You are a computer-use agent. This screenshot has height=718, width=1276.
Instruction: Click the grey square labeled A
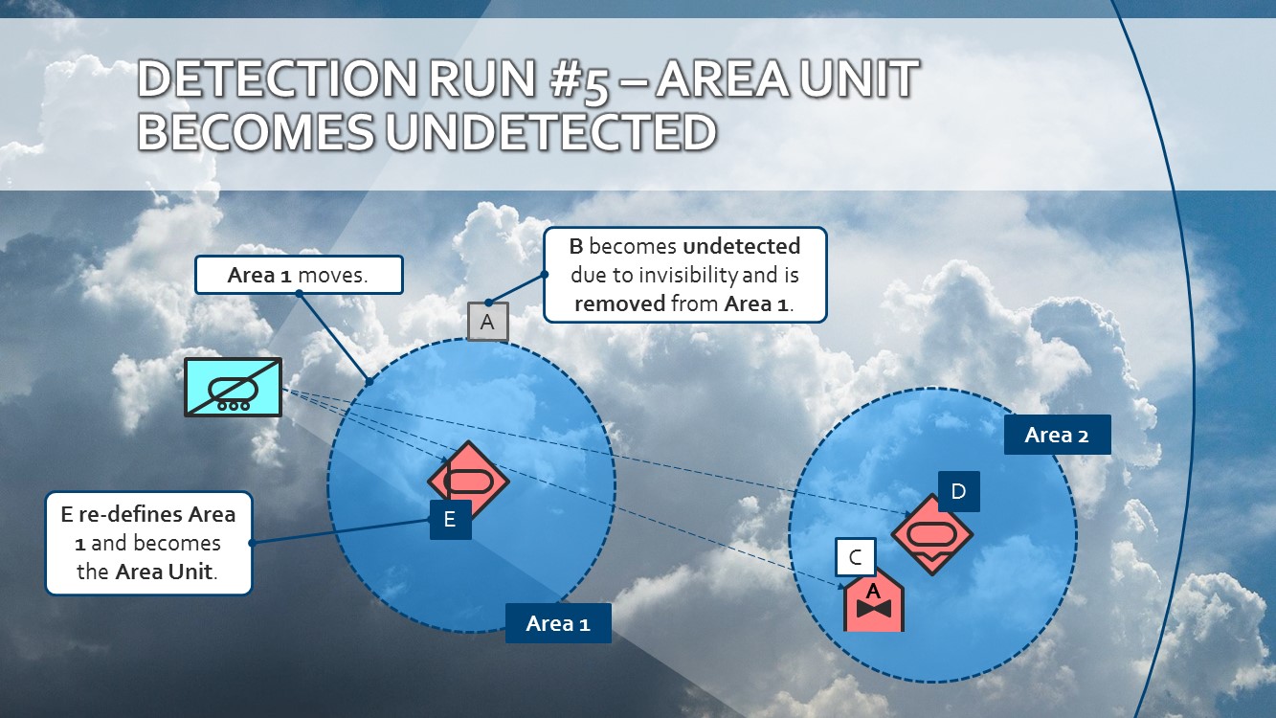[487, 323]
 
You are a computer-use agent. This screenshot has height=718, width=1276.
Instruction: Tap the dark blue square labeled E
[450, 520]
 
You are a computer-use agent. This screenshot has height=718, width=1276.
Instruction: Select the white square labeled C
[855, 557]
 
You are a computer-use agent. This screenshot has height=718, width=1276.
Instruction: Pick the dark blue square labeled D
[958, 492]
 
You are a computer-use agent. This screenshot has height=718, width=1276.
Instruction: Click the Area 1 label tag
[558, 624]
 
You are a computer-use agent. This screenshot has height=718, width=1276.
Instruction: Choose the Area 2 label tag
[1057, 435]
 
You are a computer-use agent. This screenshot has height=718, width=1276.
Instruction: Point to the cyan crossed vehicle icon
[234, 388]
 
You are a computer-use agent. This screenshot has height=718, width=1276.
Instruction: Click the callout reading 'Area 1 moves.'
[299, 276]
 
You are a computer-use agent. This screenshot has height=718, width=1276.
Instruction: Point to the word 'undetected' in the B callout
[742, 246]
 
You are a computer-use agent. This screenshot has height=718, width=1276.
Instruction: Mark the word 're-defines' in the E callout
[130, 514]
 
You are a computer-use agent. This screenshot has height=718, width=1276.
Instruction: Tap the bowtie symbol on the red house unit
[873, 610]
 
